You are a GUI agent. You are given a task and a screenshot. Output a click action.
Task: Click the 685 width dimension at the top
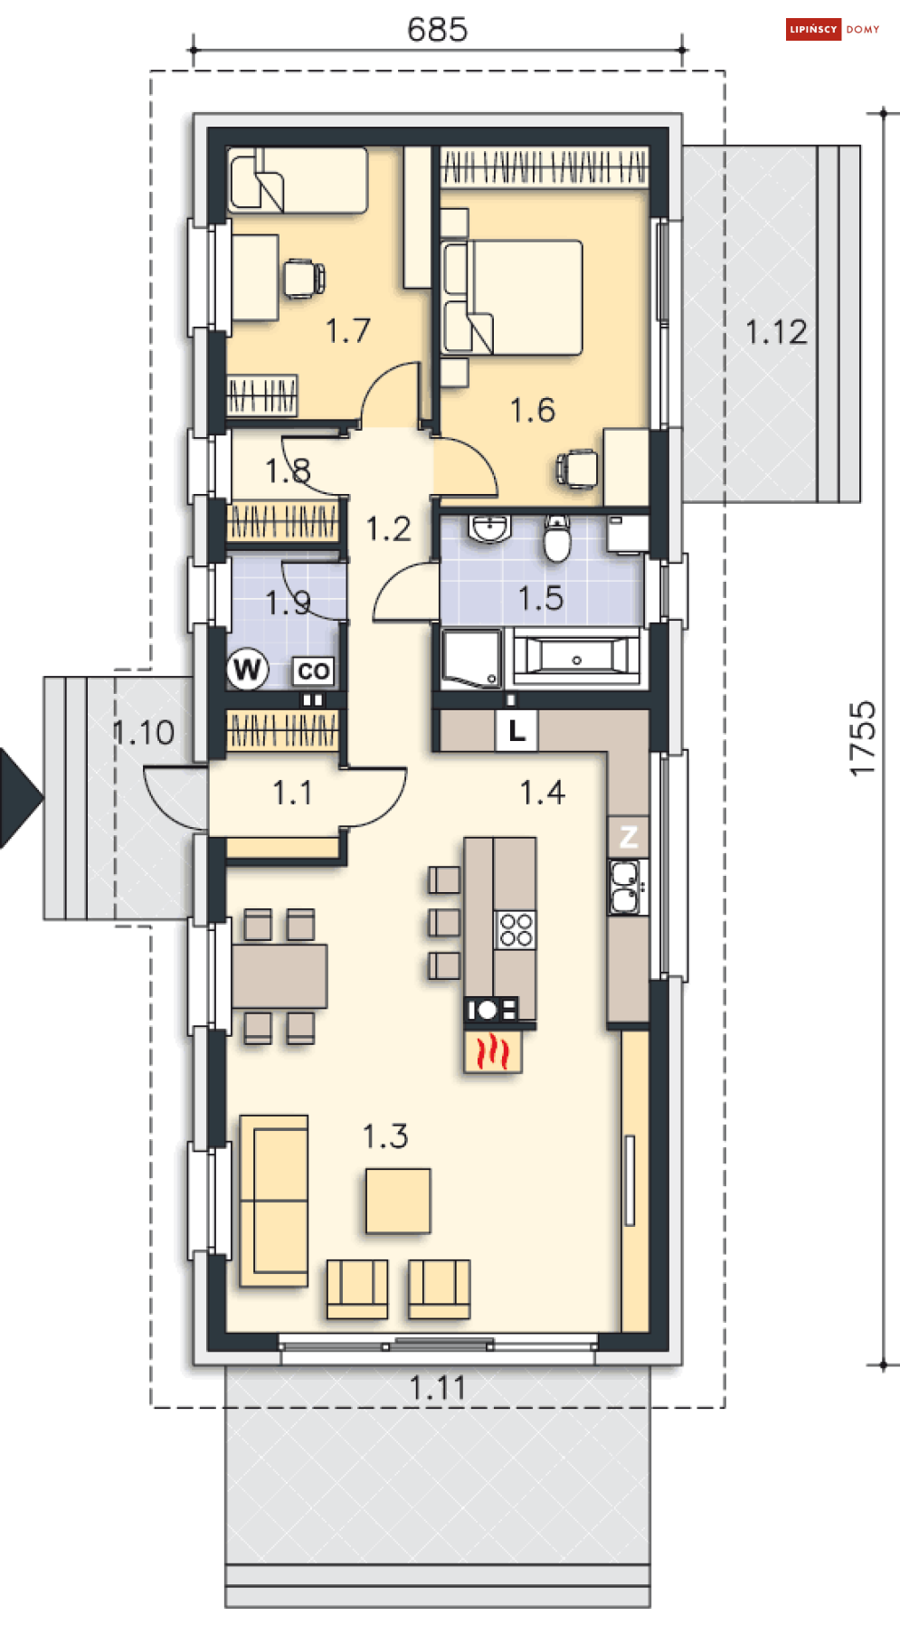(437, 30)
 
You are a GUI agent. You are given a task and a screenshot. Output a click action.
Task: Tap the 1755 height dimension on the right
(863, 738)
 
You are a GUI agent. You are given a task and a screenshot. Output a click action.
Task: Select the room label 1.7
(347, 330)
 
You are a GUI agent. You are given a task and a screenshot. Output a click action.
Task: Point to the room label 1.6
(532, 410)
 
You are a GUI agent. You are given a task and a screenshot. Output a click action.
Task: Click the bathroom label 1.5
(540, 598)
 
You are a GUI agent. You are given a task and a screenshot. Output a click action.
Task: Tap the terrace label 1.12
(776, 332)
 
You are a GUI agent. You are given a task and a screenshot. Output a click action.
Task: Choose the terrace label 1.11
(437, 1388)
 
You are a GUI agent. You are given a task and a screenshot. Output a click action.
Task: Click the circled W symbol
(247, 670)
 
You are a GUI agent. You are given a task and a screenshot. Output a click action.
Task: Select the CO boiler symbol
(313, 671)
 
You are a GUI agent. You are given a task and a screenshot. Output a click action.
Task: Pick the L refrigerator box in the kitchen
(516, 730)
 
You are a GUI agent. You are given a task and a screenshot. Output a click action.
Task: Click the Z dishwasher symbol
(629, 836)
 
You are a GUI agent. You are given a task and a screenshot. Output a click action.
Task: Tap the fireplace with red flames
(493, 1051)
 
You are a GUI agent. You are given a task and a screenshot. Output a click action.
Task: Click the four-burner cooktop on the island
(516, 930)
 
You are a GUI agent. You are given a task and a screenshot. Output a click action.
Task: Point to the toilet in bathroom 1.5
(557, 540)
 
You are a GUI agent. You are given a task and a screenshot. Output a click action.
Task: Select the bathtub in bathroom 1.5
(576, 656)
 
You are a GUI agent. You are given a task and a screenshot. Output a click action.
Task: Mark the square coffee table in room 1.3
(398, 1201)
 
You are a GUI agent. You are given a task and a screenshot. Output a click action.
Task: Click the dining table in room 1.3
(279, 975)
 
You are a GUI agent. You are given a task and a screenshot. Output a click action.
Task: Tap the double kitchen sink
(624, 888)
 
